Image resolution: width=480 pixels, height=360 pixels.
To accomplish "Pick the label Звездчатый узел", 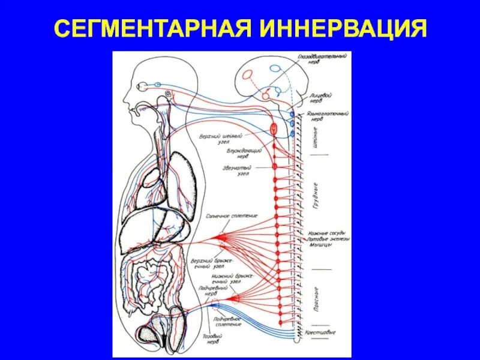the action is pyautogui.click(x=236, y=170).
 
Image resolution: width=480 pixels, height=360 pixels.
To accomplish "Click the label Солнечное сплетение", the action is pyautogui.click(x=223, y=215).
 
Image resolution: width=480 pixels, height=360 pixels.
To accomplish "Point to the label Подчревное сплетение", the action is pyautogui.click(x=229, y=321).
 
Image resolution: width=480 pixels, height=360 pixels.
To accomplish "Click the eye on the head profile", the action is pyautogui.click(x=143, y=85).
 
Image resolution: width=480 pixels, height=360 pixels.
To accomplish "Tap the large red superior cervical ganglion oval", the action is pyautogui.click(x=274, y=129).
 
